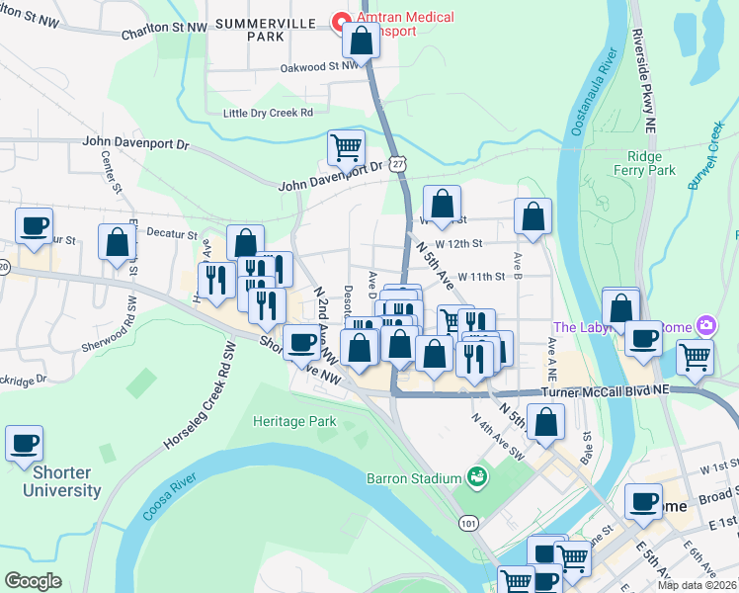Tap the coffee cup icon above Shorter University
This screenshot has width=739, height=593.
pos(25,444)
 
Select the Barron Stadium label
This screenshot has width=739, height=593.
pos(414,478)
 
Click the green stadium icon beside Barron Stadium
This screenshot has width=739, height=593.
pos(478,477)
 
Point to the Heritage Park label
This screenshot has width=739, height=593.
pos(294,422)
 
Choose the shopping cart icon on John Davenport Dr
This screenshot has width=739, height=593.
pos(346,148)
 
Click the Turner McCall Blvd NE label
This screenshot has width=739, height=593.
pos(605,391)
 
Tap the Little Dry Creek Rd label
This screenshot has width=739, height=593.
pos(268,113)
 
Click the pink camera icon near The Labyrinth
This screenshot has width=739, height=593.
pos(705,325)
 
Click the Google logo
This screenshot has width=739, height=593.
pos(34,581)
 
